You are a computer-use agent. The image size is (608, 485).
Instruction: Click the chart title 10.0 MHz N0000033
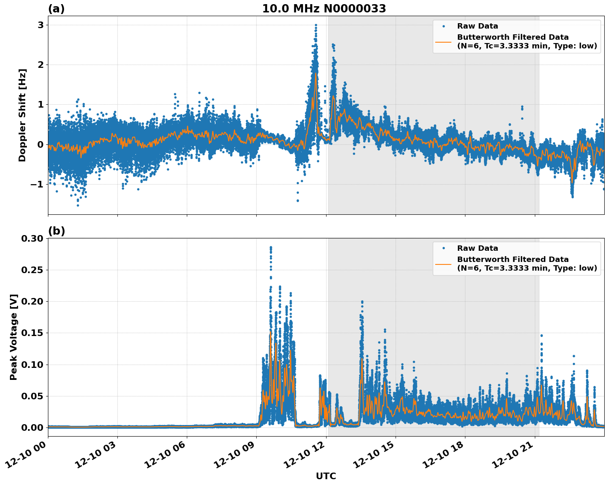tap(324, 9)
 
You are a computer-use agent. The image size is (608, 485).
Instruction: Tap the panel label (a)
tap(56, 9)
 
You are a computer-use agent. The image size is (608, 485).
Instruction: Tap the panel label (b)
tap(56, 231)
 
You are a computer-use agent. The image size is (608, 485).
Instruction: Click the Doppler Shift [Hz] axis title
tap(22, 115)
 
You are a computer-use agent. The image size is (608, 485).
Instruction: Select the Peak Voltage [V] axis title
tap(14, 337)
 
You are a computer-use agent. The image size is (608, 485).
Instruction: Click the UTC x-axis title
tap(326, 476)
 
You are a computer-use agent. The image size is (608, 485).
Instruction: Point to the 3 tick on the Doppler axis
tap(41, 25)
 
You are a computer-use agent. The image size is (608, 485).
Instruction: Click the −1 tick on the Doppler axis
tap(38, 184)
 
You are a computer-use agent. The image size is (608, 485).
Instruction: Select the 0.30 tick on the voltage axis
tap(32, 238)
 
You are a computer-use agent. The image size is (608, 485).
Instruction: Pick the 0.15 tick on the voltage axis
tap(32, 333)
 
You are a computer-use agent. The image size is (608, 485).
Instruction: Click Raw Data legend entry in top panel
tap(477, 26)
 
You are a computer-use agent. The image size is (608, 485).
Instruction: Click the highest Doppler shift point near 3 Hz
tap(316, 25)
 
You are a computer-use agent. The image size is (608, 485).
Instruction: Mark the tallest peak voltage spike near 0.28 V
tap(271, 247)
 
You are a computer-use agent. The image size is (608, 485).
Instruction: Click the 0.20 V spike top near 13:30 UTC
tap(362, 302)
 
